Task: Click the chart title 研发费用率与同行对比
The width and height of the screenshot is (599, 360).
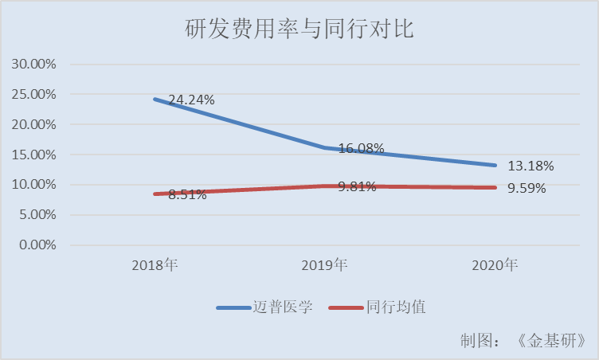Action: click(x=299, y=29)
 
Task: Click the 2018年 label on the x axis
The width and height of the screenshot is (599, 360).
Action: click(x=155, y=265)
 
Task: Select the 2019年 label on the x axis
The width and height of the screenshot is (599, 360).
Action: click(x=326, y=265)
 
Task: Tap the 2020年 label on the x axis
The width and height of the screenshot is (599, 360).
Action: click(x=495, y=265)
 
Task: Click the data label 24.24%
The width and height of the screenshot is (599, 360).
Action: click(x=192, y=100)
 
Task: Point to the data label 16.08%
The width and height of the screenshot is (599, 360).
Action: click(x=361, y=148)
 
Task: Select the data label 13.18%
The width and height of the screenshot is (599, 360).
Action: click(x=530, y=166)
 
